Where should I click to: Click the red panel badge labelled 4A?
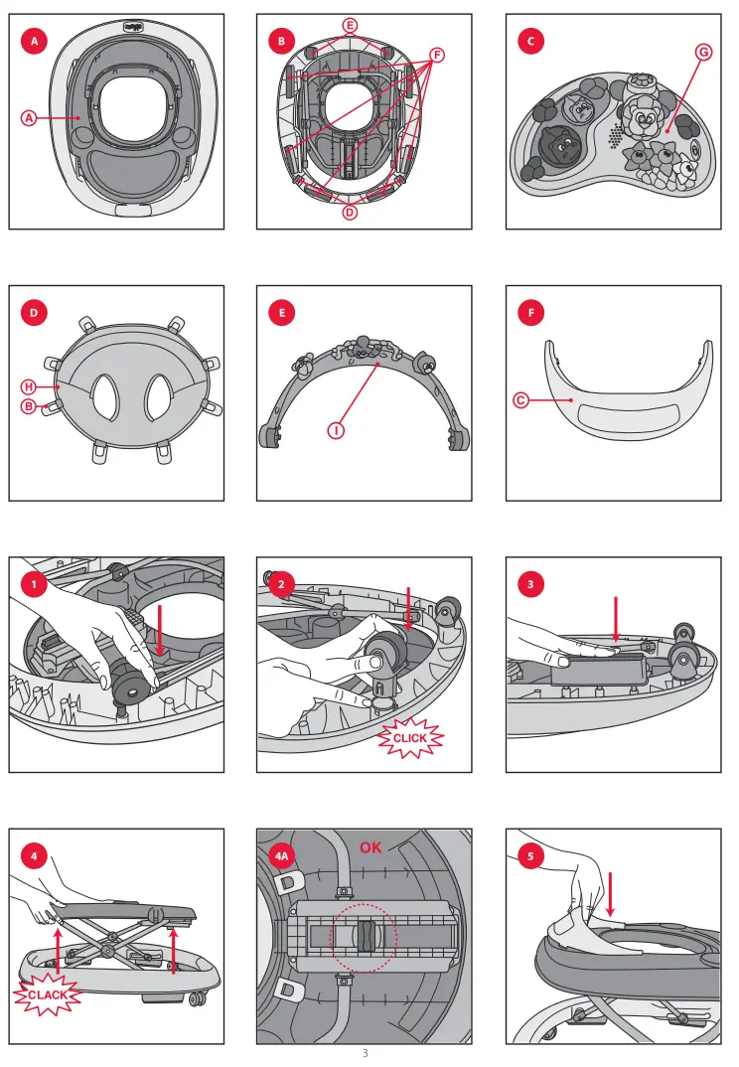tap(282, 855)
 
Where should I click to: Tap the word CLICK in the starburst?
tap(409, 737)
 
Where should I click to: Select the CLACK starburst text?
tap(48, 994)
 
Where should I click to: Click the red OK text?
tap(370, 847)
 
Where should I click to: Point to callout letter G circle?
tap(703, 53)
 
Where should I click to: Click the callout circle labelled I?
tap(336, 430)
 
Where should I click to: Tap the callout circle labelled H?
tap(29, 387)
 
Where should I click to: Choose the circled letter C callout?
tap(520, 400)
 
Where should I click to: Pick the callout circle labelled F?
tap(437, 55)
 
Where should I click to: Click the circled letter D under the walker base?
tap(350, 213)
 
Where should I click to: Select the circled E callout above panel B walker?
tap(350, 27)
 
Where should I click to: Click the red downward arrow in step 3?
tap(616, 619)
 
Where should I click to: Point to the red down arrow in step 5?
tap(611, 894)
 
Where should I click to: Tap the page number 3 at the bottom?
tap(366, 1053)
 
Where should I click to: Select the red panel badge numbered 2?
tap(282, 584)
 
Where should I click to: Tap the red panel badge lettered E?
tap(282, 313)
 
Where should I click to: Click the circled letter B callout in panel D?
tap(29, 407)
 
